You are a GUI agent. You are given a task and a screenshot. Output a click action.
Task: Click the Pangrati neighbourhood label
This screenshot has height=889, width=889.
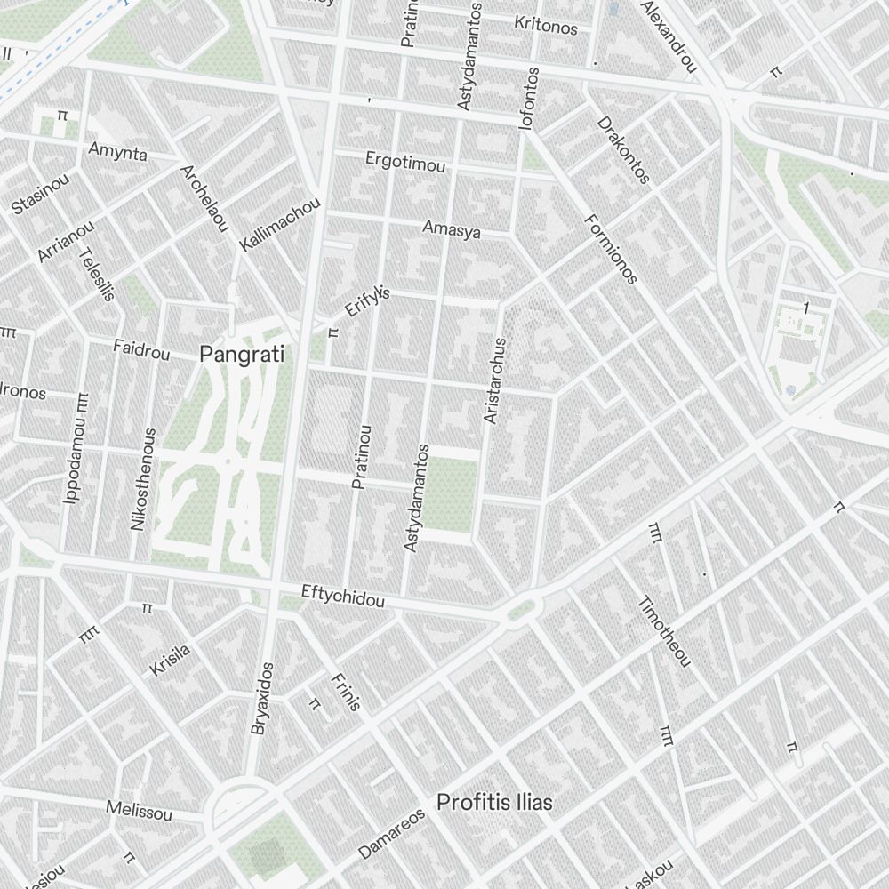[242, 355]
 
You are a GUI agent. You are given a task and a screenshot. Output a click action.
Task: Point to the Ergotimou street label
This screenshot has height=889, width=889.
[406, 162]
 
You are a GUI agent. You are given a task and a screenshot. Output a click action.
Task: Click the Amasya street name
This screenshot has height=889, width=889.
[452, 229]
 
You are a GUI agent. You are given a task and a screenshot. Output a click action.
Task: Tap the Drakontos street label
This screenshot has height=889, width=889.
[623, 149]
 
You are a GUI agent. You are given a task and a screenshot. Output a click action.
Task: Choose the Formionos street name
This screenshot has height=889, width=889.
[612, 249]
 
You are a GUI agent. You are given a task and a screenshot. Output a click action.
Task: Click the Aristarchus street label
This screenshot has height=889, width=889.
[492, 380]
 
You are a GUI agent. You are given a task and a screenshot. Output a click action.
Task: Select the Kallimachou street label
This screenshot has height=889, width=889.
[280, 223]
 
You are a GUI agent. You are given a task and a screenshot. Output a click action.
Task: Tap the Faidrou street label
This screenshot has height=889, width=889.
[141, 349]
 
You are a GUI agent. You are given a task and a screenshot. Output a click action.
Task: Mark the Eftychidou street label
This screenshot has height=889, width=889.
[343, 596]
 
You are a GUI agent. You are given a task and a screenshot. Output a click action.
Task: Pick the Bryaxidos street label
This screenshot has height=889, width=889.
[262, 698]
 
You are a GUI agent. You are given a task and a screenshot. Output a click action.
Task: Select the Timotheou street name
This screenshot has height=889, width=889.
[663, 630]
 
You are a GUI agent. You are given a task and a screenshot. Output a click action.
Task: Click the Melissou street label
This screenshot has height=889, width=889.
[139, 810]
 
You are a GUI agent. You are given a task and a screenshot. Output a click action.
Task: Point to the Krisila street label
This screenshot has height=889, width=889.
[170, 660]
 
